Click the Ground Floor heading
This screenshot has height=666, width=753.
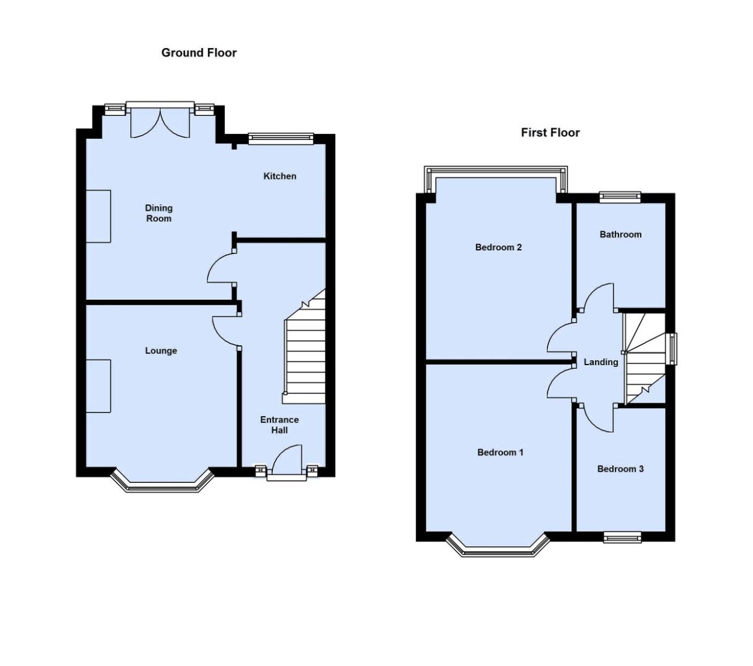[199, 53]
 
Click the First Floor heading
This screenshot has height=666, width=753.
[550, 133]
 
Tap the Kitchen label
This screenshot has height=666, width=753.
[280, 176]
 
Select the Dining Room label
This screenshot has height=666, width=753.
[159, 213]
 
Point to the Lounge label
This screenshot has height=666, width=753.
[161, 351]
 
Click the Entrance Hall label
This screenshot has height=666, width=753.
[279, 425]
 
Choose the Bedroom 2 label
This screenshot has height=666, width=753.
[498, 247]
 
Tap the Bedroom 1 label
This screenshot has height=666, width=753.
[500, 453]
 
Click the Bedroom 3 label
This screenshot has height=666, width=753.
[620, 469]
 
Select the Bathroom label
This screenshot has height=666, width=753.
[620, 234]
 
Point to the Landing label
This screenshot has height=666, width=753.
[601, 362]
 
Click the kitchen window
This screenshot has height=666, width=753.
[281, 139]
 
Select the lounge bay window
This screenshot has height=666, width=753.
[162, 485]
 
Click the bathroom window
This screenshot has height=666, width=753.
[620, 197]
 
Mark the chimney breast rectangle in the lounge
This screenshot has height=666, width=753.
[98, 386]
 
